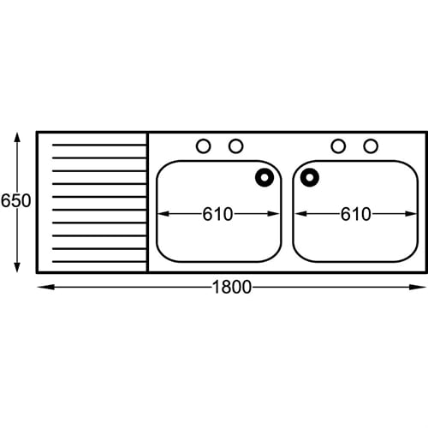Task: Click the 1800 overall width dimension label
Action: coord(232,287)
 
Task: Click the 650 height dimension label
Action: coord(15,200)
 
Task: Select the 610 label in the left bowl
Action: coord(217,214)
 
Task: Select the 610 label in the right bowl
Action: coord(356,214)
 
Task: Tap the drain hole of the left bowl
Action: coord(265,177)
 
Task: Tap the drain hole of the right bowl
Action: coord(310,177)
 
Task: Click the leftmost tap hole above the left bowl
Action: coord(204,146)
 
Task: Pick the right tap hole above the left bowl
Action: coord(236,146)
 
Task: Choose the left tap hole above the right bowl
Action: coord(338,146)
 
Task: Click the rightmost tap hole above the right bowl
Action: coord(371,146)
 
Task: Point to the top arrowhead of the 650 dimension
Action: coord(17,138)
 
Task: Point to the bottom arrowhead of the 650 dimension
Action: coord(17,267)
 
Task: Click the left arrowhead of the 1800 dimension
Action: coord(45,287)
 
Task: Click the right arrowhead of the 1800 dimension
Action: coord(418,287)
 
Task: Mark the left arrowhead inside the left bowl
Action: coord(163,214)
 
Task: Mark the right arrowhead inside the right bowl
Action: coord(411,214)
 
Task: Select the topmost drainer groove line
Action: coord(99,146)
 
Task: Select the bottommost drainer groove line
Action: coord(99,262)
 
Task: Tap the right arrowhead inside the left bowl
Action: coord(273,214)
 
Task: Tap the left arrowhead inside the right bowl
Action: coord(301,214)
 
